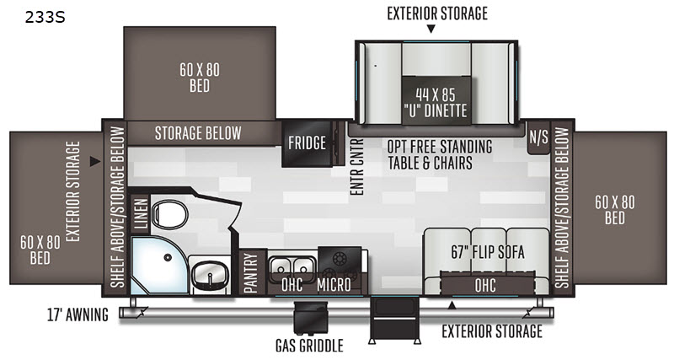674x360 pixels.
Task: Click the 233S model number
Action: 45,17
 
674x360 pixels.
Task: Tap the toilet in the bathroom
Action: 169,214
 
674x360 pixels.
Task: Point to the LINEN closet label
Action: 141,213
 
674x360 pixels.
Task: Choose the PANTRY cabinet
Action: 250,272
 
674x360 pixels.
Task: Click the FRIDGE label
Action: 307,142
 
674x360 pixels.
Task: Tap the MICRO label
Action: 334,284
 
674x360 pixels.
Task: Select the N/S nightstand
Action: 538,137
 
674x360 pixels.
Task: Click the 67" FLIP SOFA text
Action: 488,252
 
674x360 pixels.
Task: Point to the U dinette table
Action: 436,101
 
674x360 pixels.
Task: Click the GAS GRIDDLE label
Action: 309,346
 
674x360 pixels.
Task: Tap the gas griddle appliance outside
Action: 310,317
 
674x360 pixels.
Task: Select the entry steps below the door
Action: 394,320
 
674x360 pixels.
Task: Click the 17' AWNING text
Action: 78,314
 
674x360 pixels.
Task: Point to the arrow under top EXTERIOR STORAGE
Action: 431,29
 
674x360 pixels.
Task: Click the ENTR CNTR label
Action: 356,166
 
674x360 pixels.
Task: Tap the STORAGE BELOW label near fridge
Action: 198,133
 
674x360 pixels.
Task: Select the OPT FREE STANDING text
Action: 440,147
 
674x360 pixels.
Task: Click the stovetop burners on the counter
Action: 340,263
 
